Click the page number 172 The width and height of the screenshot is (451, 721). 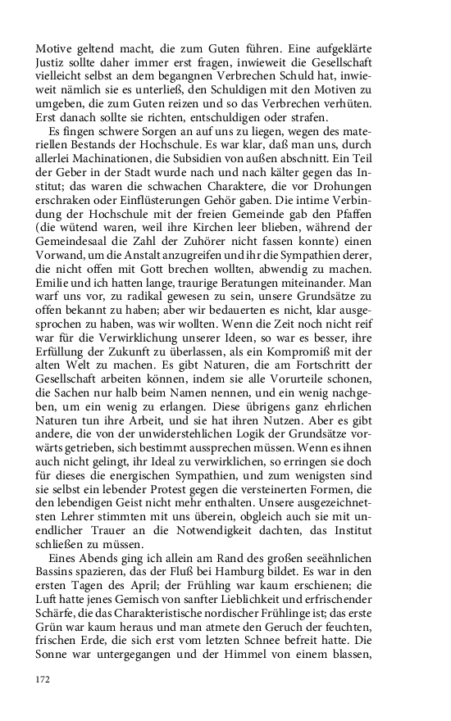[x=43, y=679]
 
